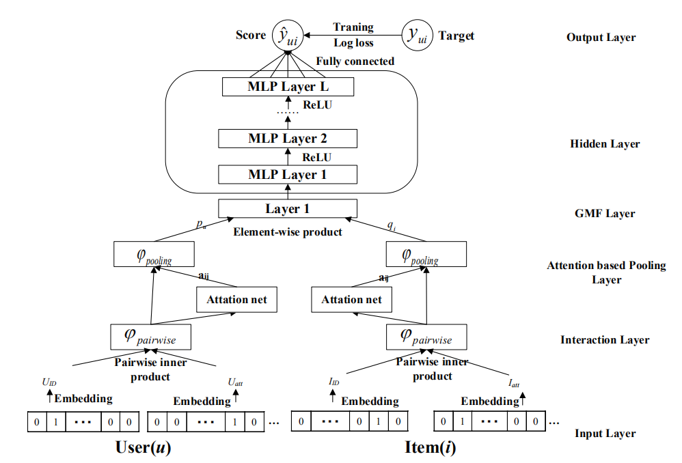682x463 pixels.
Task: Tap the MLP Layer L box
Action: (288, 87)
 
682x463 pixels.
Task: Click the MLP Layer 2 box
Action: (288, 139)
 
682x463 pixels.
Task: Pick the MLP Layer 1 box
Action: (288, 174)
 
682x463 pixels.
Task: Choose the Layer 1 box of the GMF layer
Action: (288, 208)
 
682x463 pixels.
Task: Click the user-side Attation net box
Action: (237, 299)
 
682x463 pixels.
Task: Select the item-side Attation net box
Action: (352, 299)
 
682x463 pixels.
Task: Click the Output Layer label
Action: (601, 38)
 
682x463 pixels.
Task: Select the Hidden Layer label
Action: (605, 144)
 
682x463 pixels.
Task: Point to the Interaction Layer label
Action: (605, 340)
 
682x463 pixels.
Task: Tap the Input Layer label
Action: (605, 434)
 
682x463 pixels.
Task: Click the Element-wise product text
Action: (288, 231)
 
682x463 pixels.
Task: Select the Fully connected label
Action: (355, 61)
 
